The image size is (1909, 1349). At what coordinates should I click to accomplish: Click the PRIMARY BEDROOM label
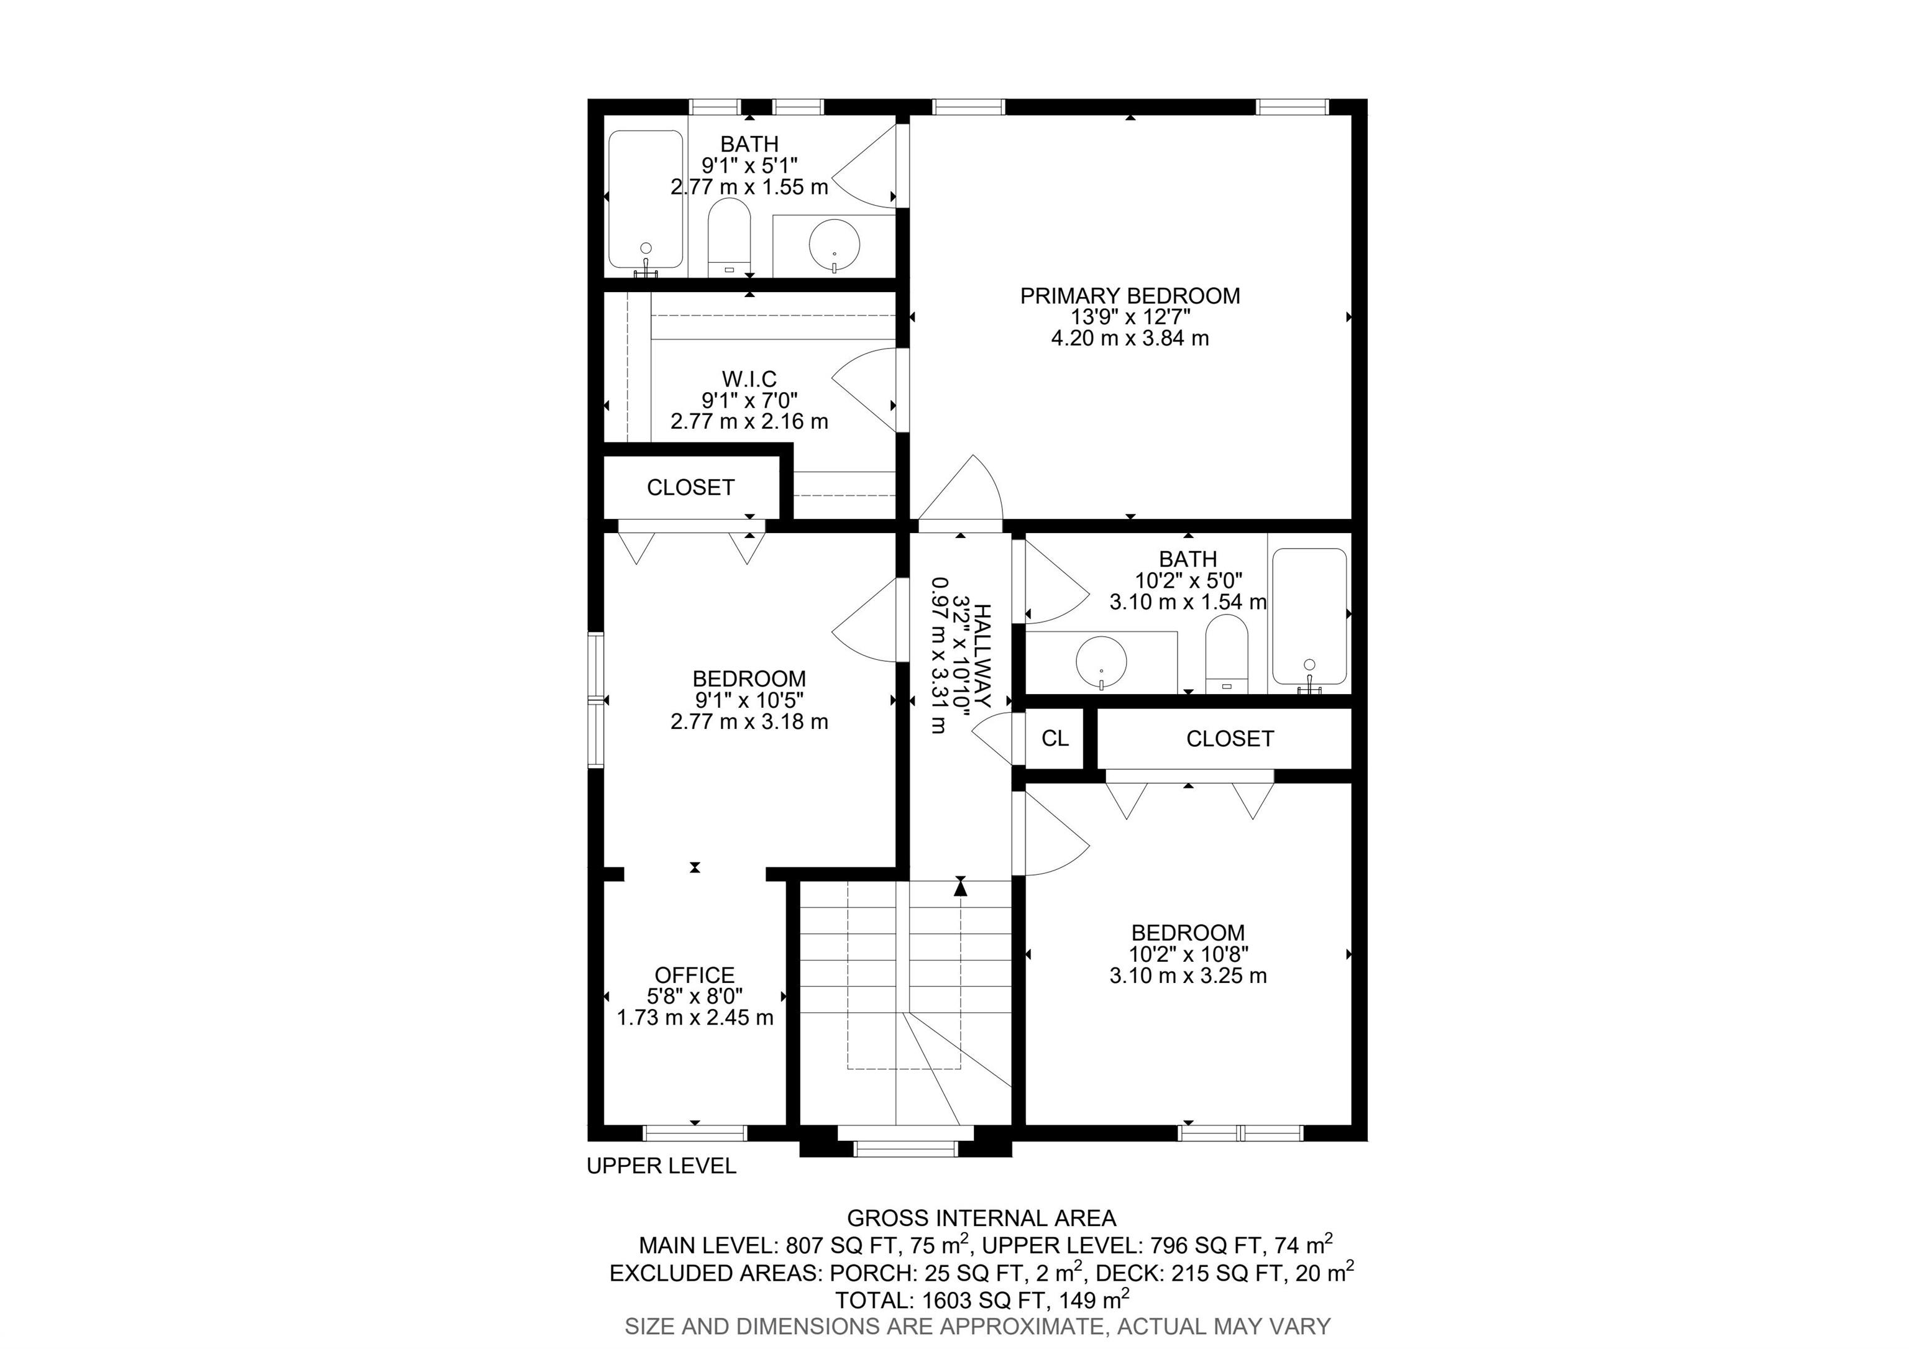(1130, 296)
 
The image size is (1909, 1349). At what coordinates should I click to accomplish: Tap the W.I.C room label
(749, 379)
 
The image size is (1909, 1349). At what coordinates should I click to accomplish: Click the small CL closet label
(1055, 738)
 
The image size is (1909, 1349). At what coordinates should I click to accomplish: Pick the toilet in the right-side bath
(1227, 653)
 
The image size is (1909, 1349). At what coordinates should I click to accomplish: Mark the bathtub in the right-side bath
(1309, 618)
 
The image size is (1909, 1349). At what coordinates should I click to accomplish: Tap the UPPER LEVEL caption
(662, 1166)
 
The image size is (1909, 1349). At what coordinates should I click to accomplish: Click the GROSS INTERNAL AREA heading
(981, 1219)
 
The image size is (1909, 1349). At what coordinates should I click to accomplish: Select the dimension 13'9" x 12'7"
(1130, 317)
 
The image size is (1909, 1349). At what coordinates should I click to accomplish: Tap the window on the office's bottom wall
(695, 1133)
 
